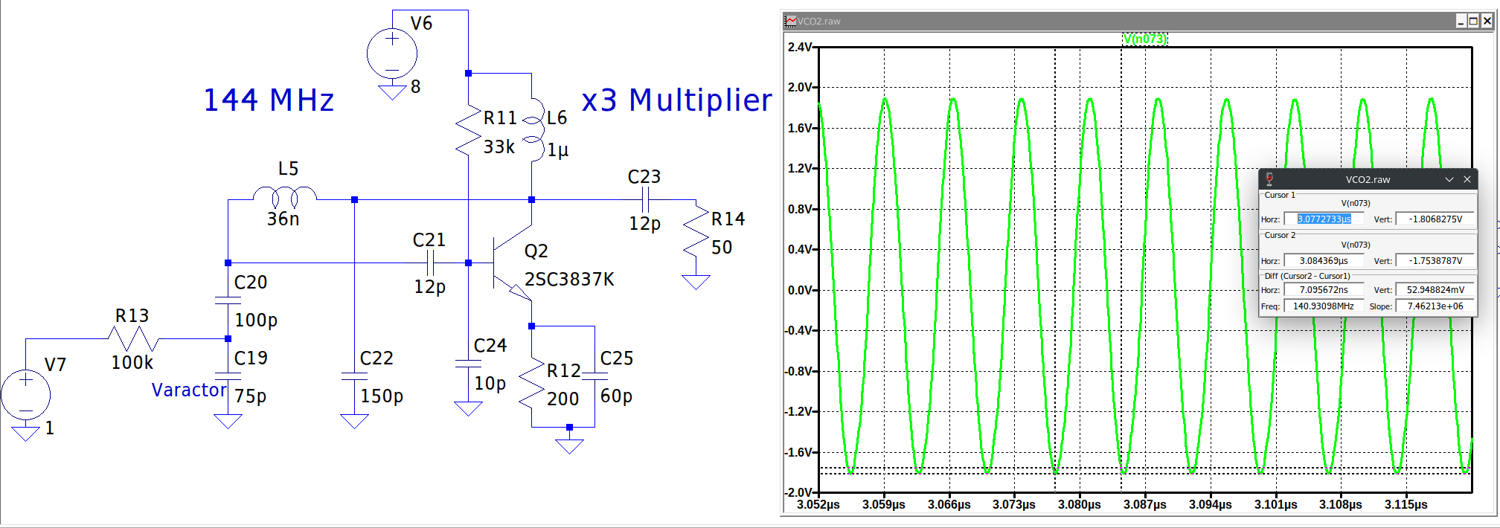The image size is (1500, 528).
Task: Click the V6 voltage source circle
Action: click(x=392, y=54)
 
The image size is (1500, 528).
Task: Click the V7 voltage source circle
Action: click(x=26, y=394)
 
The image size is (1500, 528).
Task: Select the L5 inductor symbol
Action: click(x=285, y=196)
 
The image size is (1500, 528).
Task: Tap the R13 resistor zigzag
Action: click(x=133, y=339)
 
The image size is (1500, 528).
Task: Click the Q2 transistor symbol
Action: click(x=512, y=263)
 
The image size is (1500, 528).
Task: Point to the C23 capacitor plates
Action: click(x=645, y=200)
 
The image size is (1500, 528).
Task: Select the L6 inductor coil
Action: click(x=534, y=129)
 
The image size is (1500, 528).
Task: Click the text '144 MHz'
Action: click(x=269, y=100)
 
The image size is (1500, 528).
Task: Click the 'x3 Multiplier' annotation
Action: click(x=677, y=100)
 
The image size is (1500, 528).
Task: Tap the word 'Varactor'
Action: click(x=189, y=390)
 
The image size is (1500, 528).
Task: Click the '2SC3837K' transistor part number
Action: click(x=569, y=280)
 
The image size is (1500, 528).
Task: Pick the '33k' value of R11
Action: click(x=499, y=147)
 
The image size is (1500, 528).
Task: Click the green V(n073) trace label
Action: click(x=1145, y=39)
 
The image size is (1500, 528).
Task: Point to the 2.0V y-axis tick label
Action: click(x=800, y=88)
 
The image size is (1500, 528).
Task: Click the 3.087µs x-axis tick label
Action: click(x=1144, y=504)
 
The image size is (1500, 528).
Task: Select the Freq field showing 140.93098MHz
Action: click(x=1324, y=306)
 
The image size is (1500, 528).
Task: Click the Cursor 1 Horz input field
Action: click(x=1324, y=219)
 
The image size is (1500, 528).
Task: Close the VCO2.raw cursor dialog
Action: click(x=1467, y=179)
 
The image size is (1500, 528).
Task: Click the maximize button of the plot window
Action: click(x=1473, y=21)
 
